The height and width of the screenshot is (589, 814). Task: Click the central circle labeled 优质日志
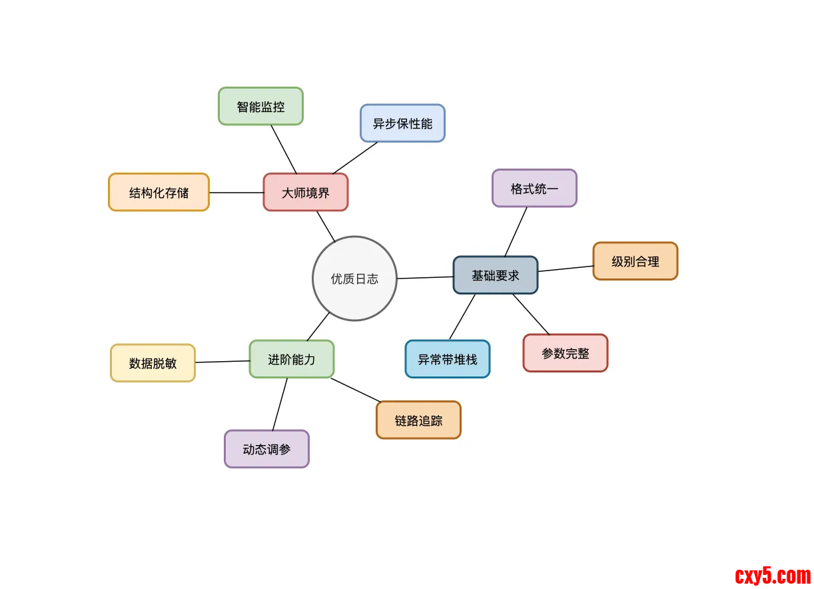pos(354,279)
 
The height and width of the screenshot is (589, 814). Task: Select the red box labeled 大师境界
pos(306,193)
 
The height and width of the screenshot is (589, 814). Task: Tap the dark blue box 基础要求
pos(496,275)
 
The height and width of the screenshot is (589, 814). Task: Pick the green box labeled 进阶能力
pos(292,359)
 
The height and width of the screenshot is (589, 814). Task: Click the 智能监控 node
pos(260,107)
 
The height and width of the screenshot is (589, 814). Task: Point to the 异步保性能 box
pos(402,123)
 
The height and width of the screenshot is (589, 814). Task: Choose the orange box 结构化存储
pos(159,193)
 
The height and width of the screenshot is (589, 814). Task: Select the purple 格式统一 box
pos(534,189)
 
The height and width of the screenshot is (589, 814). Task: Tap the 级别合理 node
pos(635,261)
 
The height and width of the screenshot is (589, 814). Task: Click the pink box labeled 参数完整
pos(566,353)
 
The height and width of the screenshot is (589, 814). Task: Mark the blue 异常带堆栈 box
pos(448,359)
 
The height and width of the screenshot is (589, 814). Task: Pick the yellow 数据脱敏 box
pos(153,363)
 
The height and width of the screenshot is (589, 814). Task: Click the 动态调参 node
pos(266,449)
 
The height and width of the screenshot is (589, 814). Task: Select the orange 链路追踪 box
pos(418,420)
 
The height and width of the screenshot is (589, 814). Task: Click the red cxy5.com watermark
pos(773,575)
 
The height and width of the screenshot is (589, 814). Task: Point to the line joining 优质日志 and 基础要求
pos(425,278)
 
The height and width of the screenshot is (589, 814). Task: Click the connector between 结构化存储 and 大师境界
pos(236,193)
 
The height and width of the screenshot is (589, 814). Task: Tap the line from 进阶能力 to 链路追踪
pos(356,390)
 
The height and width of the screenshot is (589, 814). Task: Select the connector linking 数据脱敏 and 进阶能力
pos(222,362)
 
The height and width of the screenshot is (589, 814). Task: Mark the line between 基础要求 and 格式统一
pos(516,232)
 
